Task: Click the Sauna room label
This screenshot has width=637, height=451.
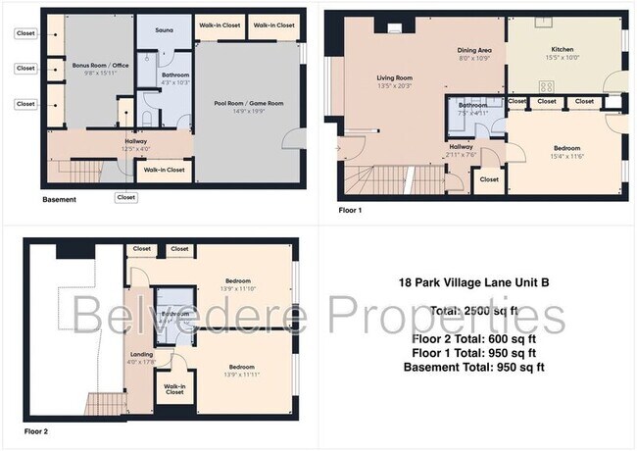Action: click(164, 31)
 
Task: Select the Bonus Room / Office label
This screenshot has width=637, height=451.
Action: click(94, 66)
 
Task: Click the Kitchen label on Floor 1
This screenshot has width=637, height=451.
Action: click(562, 49)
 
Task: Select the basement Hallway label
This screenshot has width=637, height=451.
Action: click(135, 141)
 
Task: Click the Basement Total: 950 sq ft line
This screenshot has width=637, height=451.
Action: click(474, 367)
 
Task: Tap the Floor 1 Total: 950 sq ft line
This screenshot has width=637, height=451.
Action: click(474, 353)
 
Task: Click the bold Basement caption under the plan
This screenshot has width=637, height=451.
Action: click(59, 200)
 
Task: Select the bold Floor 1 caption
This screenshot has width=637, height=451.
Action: click(349, 209)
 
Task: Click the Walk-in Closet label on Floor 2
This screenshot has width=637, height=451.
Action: click(174, 389)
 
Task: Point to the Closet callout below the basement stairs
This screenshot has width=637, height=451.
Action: click(125, 197)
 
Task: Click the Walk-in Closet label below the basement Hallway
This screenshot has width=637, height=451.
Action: click(164, 171)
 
